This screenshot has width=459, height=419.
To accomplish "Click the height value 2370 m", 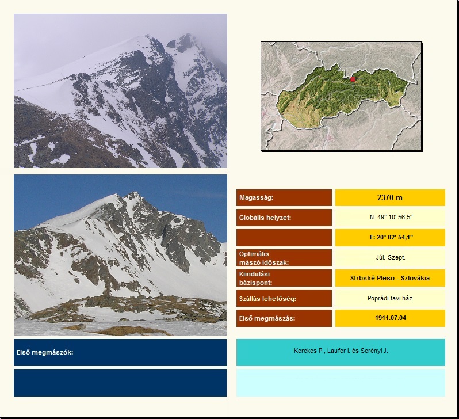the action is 389,197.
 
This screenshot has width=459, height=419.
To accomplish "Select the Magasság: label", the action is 256,197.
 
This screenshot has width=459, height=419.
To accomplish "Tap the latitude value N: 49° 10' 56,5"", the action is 391,217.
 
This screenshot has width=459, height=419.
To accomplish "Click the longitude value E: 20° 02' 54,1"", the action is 391,237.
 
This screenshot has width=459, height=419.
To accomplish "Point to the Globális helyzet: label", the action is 265,218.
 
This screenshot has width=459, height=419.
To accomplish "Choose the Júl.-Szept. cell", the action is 391,257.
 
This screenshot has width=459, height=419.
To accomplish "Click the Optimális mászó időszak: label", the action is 264,258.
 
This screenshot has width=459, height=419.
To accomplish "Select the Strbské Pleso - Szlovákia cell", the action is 390,278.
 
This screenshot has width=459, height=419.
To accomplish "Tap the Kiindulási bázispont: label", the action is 255,279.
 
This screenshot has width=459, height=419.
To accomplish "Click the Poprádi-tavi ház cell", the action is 390,298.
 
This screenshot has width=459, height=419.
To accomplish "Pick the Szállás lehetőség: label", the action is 268,299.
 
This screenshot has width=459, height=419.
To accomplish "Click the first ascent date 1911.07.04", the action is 391,318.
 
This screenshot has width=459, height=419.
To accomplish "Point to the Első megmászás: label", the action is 267,318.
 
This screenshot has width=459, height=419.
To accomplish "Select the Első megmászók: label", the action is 45,352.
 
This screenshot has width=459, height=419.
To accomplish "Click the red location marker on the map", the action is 353,79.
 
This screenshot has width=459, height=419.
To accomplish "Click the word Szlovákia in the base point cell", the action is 415,278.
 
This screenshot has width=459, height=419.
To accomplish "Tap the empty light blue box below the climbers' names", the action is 341,383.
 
